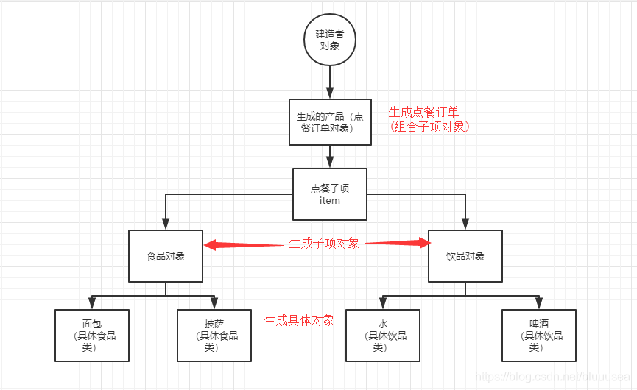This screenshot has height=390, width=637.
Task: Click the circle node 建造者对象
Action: click(x=330, y=39)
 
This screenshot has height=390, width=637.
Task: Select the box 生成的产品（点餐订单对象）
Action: click(x=330, y=121)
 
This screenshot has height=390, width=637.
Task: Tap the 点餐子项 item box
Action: click(x=330, y=194)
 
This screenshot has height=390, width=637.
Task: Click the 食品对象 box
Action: click(x=166, y=256)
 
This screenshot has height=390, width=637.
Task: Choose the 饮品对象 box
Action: click(x=465, y=256)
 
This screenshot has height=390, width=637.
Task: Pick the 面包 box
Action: click(x=92, y=335)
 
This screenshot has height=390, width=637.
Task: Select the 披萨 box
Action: click(x=214, y=335)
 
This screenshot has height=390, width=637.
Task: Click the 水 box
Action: click(x=383, y=335)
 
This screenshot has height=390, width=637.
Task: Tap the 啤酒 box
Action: click(x=539, y=335)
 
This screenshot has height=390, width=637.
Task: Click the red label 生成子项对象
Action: click(x=324, y=244)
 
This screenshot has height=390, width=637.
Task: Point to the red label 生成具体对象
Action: click(x=299, y=320)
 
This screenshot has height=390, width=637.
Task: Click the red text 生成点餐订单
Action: click(x=423, y=112)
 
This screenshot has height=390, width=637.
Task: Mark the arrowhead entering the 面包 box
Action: click(x=92, y=303)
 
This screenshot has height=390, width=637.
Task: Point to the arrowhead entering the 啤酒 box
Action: click(x=539, y=303)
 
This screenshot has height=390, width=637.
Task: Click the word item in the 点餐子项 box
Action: click(x=330, y=201)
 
